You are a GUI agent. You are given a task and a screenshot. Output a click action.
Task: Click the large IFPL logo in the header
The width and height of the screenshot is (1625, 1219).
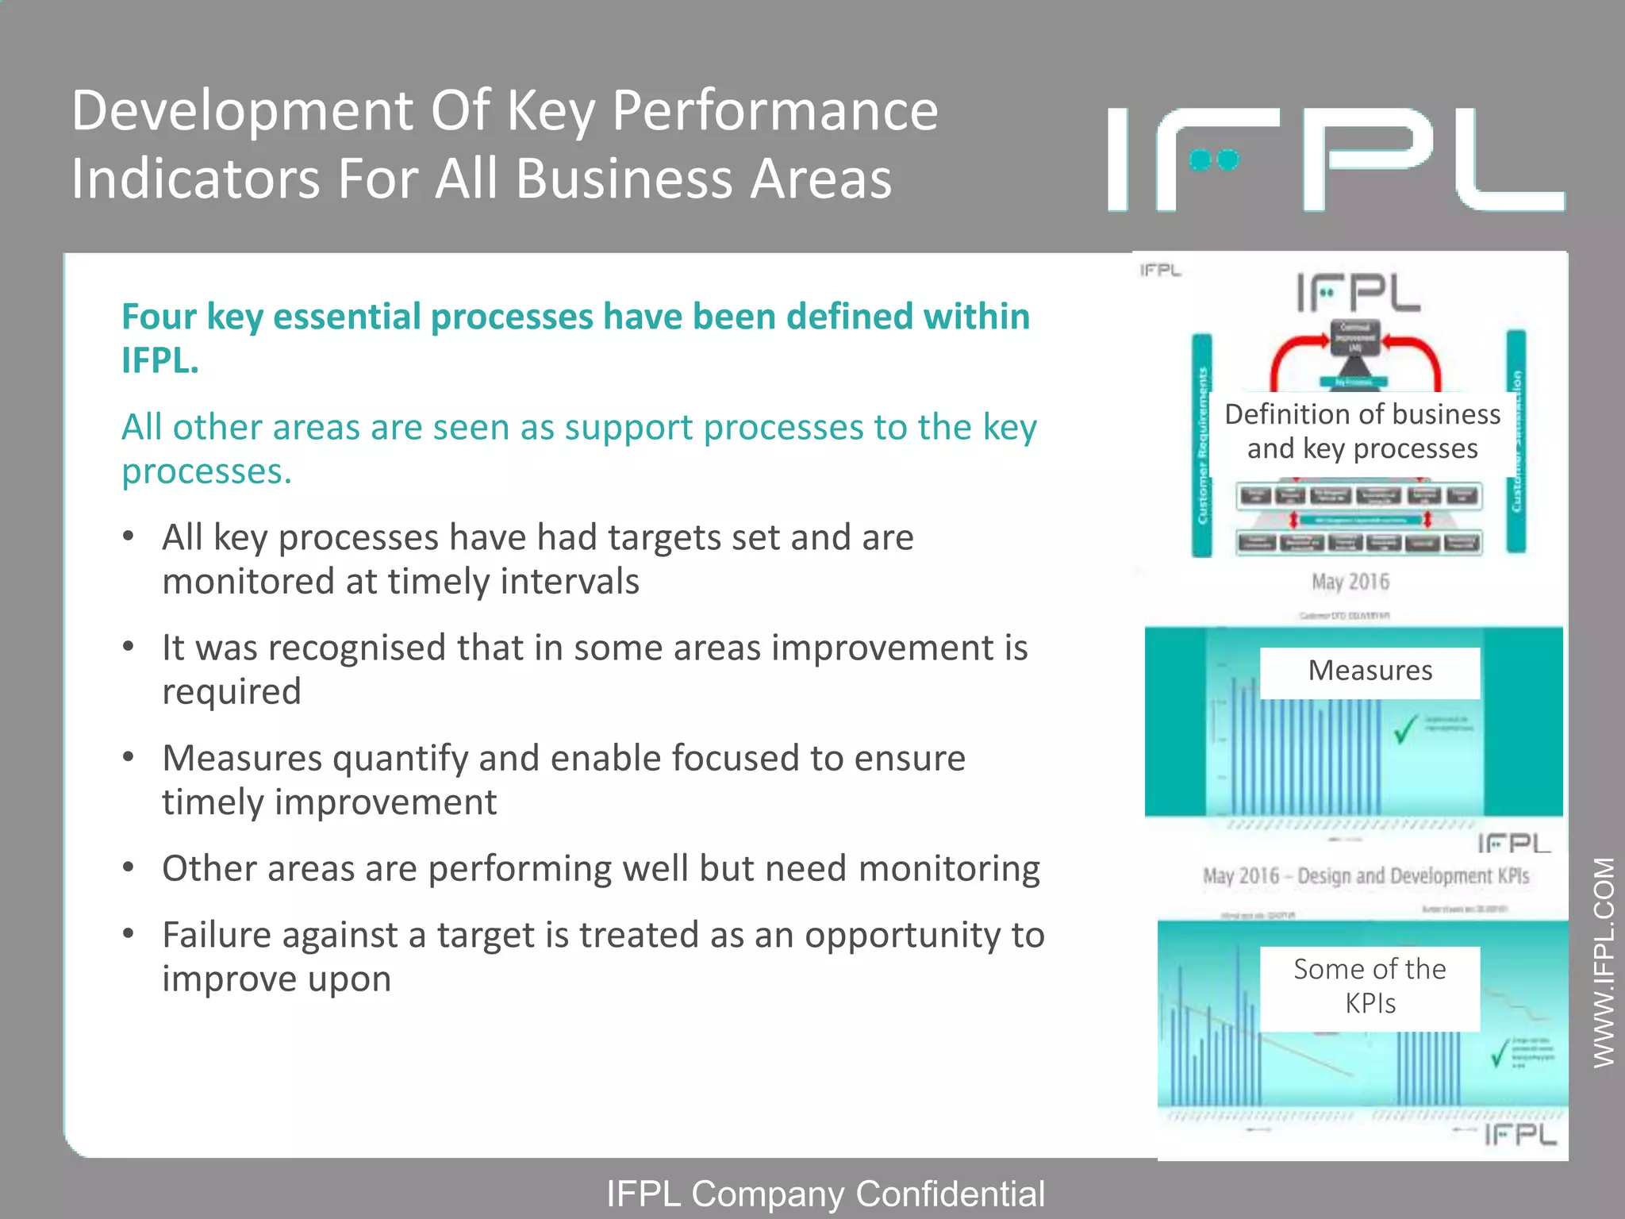pos(1336,160)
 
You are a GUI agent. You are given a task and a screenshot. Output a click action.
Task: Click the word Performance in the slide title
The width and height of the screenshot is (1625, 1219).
pos(775,110)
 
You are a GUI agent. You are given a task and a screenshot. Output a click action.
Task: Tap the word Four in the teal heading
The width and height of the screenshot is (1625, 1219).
pos(159,317)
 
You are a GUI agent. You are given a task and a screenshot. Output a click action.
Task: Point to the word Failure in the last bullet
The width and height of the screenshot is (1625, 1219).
pos(217,935)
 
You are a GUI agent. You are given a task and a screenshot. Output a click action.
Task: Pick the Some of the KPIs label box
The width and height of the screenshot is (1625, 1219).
pos(1370,987)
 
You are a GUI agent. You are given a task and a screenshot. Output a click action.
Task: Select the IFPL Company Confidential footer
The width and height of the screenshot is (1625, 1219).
pos(825,1194)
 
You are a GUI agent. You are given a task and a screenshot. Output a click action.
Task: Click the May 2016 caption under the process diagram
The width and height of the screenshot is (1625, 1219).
pos(1350,582)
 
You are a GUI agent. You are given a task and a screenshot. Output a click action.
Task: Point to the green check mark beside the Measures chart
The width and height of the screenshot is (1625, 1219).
pos(1405,729)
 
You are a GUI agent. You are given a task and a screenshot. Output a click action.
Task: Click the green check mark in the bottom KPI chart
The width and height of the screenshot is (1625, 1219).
pos(1499,1052)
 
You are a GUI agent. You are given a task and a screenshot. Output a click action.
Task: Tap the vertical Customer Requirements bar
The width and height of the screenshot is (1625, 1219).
pos(1203,444)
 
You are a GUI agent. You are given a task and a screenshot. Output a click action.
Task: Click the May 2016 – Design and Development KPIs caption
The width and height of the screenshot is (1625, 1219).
pos(1366,876)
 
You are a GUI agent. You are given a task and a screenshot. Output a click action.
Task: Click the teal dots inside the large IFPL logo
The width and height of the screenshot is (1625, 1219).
pos(1214,161)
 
